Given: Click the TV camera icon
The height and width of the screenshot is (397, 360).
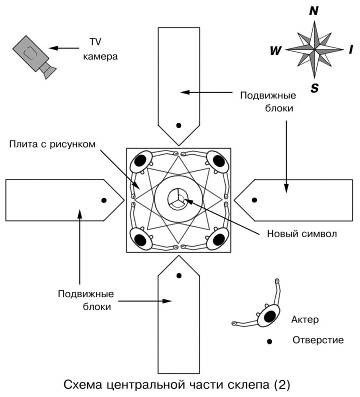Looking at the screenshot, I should (30, 56).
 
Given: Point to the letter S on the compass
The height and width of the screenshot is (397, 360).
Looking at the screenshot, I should (314, 87).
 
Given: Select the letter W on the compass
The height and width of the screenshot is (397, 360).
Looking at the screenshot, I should (276, 48).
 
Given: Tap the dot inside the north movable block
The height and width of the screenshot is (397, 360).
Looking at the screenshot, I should (178, 126).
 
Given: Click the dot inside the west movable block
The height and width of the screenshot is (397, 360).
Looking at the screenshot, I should (104, 199).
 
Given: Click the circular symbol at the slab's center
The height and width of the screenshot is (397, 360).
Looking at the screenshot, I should (178, 198).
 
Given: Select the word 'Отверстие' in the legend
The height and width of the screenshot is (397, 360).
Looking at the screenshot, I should (317, 342).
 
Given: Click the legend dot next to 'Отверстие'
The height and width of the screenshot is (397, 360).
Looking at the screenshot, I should (268, 342).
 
